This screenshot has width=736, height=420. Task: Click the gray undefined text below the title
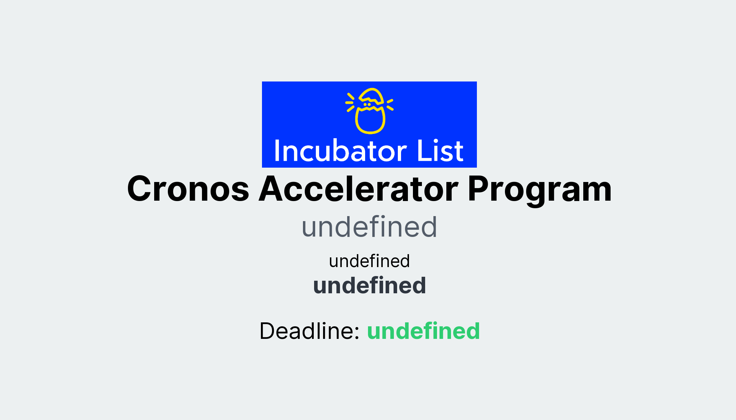pos(369,227)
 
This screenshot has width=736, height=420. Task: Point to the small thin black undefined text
pos(369,261)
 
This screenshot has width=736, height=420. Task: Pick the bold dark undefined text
pos(369,286)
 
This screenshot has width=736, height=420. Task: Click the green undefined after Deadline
pos(423,331)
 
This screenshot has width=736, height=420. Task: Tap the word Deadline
pos(309,331)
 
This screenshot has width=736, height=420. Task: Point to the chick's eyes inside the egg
pos(367,104)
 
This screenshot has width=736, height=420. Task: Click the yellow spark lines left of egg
pos(350,102)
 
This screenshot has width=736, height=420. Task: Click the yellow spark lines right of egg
pos(390,104)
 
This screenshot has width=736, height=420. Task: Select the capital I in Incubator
pos(277,151)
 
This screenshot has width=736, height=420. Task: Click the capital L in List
pos(423,151)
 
